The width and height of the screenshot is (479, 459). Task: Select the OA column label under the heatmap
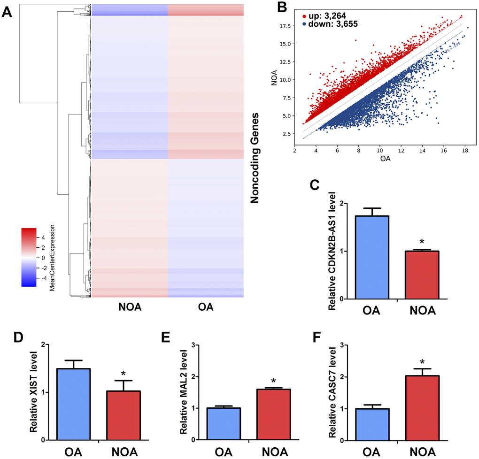pyautogui.click(x=205, y=308)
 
